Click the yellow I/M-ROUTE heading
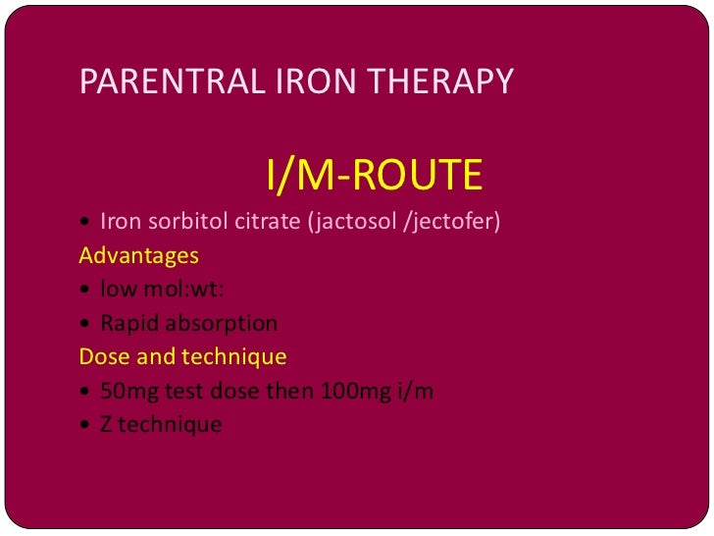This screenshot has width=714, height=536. click(x=375, y=176)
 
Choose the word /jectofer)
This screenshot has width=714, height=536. click(x=452, y=222)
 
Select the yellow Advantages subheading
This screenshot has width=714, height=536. click(x=138, y=256)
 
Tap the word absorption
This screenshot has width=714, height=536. click(x=222, y=323)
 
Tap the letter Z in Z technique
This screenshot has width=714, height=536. click(x=106, y=424)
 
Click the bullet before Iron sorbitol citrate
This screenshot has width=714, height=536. click(x=86, y=223)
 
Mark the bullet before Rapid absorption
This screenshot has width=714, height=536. click(x=86, y=324)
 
